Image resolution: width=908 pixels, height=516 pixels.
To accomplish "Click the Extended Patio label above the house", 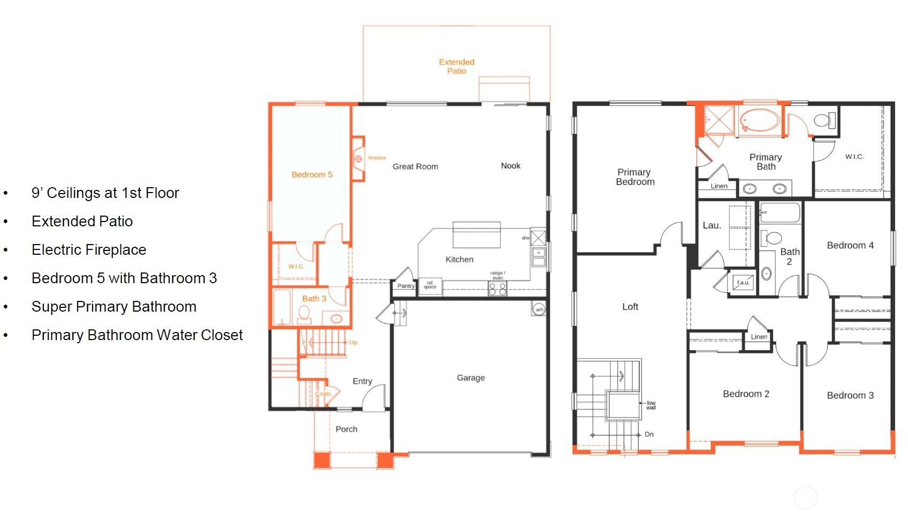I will (456, 67).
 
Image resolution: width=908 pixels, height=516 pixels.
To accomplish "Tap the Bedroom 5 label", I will (312, 175).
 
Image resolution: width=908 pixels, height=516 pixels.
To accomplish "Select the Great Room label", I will (415, 167).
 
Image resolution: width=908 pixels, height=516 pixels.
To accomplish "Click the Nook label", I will (511, 166).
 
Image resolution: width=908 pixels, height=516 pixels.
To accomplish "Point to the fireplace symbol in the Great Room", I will (358, 159).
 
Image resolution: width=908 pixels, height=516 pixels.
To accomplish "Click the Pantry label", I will (406, 286).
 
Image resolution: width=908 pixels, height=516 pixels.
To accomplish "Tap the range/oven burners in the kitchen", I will (497, 289).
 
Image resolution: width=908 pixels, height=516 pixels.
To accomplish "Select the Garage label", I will (470, 378).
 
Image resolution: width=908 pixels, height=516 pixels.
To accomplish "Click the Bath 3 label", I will (314, 299).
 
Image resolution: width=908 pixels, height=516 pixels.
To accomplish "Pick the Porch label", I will (346, 429).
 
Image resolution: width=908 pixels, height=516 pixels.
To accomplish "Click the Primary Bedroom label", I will (635, 177).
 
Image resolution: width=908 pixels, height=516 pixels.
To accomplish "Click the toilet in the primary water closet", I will (824, 120).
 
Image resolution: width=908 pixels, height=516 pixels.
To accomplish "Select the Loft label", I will (630, 307).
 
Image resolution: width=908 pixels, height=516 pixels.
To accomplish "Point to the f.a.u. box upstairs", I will (743, 283).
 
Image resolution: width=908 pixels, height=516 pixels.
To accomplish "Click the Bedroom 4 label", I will (850, 246).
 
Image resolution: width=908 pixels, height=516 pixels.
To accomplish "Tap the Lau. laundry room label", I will (712, 226).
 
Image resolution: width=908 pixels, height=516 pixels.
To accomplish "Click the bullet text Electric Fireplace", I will (89, 250).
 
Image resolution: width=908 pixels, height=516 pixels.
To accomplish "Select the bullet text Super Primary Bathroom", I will (114, 307).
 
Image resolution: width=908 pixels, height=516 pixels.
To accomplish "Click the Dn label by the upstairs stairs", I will (649, 434).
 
